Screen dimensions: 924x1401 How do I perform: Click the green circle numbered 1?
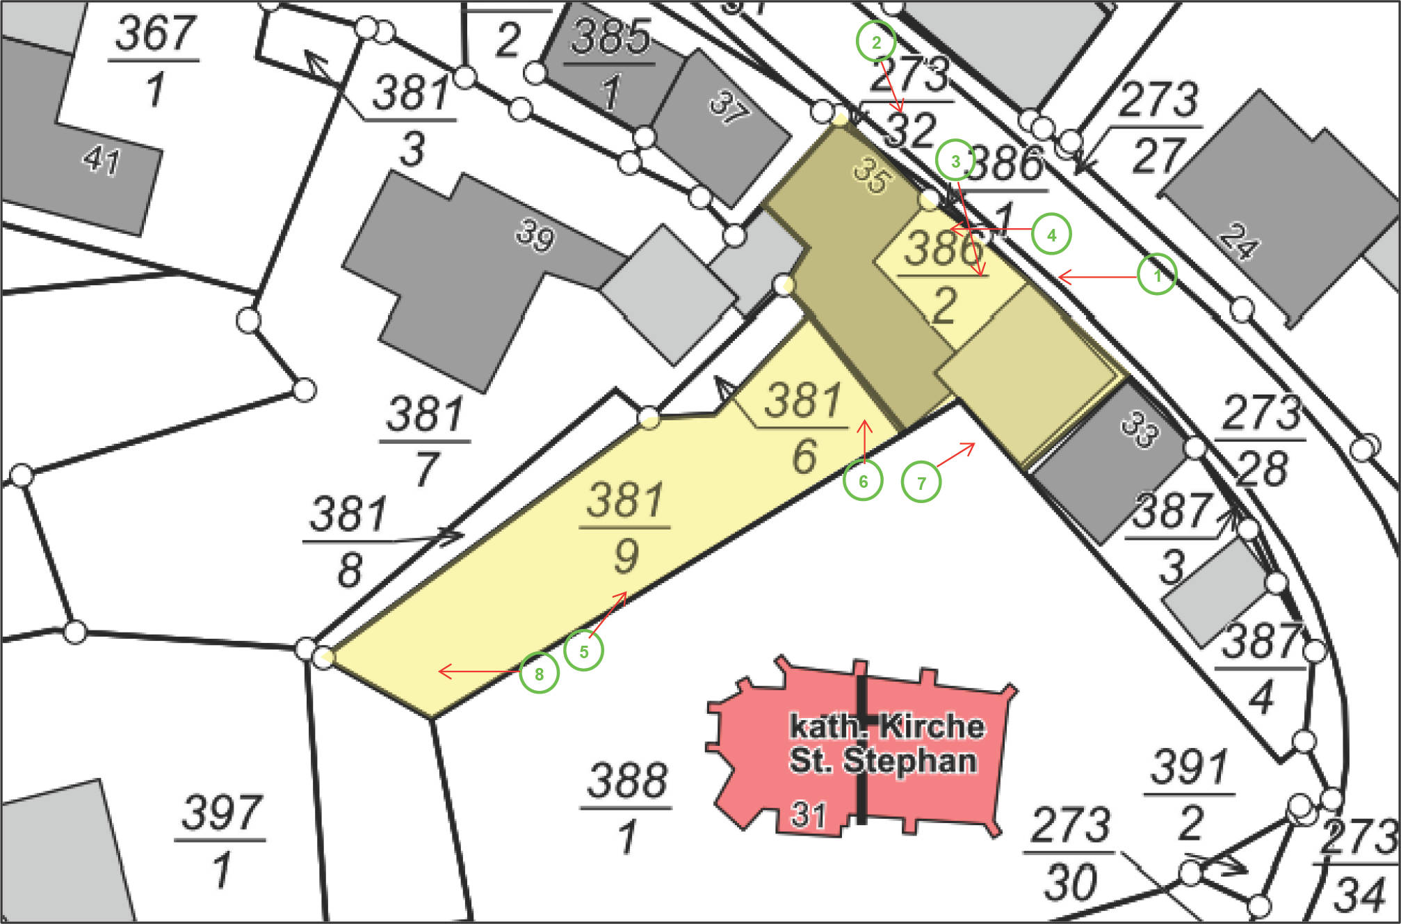click(1157, 275)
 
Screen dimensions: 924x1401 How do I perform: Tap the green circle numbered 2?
click(876, 42)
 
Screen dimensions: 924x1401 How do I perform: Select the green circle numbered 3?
click(955, 161)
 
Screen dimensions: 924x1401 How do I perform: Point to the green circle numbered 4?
click(1051, 234)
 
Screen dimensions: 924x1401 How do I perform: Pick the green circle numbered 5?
click(583, 651)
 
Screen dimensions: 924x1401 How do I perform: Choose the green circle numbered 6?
click(863, 481)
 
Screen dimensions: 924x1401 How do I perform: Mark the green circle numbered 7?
click(921, 482)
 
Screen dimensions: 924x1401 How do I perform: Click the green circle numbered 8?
click(539, 673)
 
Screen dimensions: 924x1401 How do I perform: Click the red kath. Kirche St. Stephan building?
click(862, 744)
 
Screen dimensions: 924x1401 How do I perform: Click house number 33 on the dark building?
click(1140, 429)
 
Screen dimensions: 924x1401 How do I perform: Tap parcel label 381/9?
click(625, 527)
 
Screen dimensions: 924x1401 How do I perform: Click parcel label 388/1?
click(626, 807)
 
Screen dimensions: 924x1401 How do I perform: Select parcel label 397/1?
click(220, 840)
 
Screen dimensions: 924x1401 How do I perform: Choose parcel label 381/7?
click(425, 440)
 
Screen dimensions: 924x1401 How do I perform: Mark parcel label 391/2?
click(1190, 794)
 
